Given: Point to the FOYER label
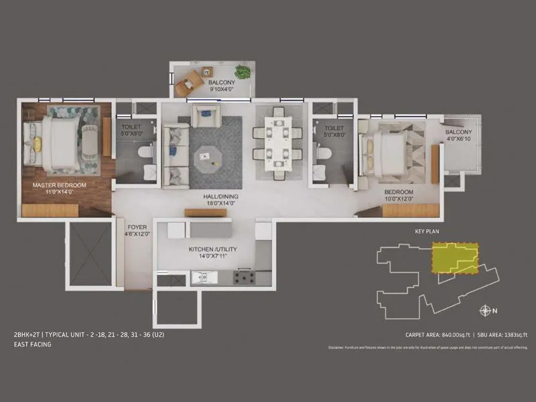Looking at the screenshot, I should click(137, 231).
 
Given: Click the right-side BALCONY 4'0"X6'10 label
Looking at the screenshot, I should click(459, 136).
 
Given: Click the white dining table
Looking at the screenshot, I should click(277, 143).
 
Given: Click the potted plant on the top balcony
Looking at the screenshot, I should click(243, 70).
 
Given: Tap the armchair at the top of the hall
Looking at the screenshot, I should click(203, 115).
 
